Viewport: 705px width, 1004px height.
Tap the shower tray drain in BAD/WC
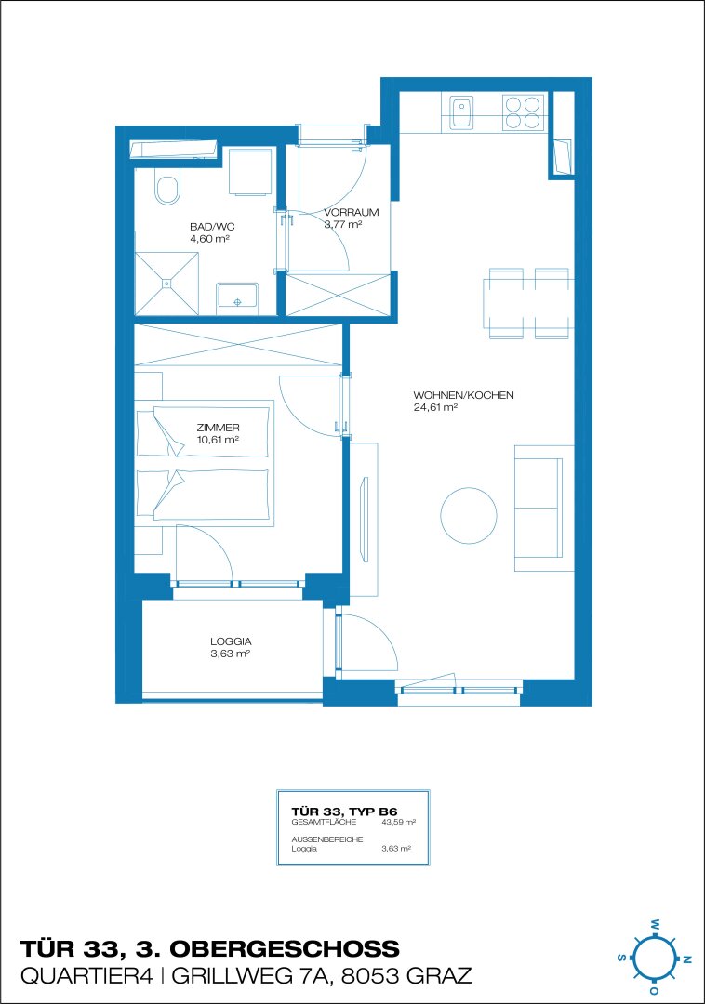[x=167, y=283]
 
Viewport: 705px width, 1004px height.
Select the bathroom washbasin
[x=237, y=298]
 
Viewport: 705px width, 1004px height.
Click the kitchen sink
[x=461, y=112]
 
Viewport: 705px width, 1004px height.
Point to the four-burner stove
[x=523, y=112]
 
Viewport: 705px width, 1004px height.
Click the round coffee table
[x=469, y=515]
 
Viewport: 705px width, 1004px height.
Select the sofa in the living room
[x=544, y=509]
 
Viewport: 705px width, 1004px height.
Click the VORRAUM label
[x=351, y=212]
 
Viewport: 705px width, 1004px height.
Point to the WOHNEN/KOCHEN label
[x=463, y=395]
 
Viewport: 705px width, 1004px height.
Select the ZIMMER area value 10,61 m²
[x=219, y=439]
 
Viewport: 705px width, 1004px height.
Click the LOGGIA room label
[x=231, y=641]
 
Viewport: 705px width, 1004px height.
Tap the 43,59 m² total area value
[x=398, y=822]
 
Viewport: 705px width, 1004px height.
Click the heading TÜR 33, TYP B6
[x=344, y=812]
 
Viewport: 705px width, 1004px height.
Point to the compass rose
[x=654, y=958]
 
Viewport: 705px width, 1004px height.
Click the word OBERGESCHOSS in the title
[x=285, y=948]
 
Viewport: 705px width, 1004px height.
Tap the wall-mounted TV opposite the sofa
[x=365, y=519]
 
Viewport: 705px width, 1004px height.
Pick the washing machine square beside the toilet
[x=250, y=172]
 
